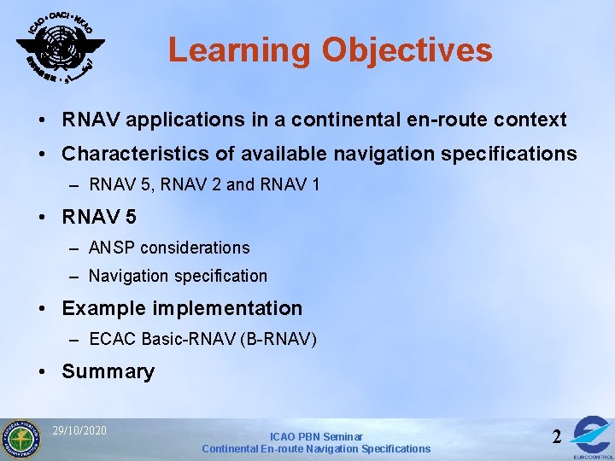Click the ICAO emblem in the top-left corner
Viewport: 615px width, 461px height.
click(x=61, y=46)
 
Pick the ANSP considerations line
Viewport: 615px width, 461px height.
click(x=169, y=248)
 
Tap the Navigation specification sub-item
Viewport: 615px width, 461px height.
click(x=178, y=276)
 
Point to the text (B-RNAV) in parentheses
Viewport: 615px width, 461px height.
click(x=279, y=340)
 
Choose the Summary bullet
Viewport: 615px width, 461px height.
click(x=108, y=371)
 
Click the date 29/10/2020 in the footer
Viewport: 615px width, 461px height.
click(x=79, y=430)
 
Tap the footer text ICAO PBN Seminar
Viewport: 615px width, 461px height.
click(x=316, y=436)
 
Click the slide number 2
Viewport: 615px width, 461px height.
click(x=557, y=436)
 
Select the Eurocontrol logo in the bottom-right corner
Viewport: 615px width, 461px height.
click(x=592, y=435)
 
